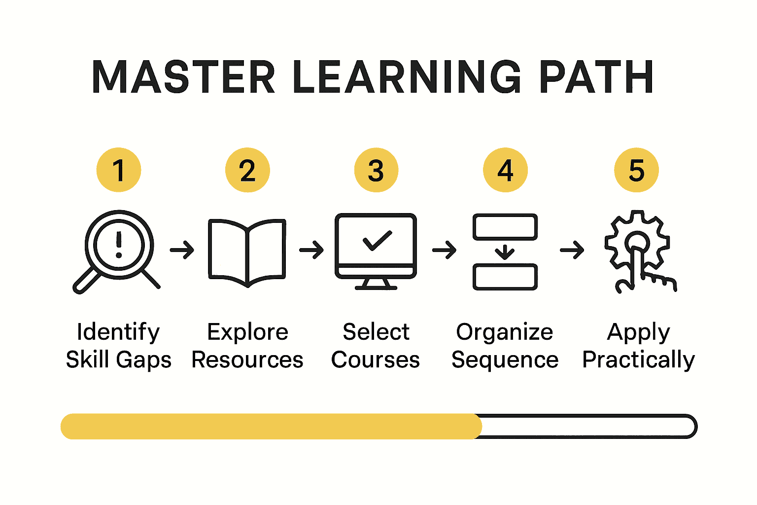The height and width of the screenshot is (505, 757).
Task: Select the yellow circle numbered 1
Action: click(119, 170)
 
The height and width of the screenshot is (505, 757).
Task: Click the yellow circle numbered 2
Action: click(247, 170)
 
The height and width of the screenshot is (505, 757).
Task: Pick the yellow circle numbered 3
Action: click(376, 170)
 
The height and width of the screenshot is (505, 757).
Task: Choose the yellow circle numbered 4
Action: click(505, 170)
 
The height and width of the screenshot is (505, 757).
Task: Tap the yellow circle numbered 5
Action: click(636, 170)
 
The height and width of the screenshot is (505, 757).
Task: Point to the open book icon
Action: click(247, 252)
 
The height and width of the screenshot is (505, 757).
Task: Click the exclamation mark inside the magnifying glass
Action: click(119, 245)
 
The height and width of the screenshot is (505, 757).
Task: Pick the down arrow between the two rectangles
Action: click(505, 252)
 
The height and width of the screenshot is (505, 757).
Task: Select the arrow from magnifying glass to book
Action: click(182, 250)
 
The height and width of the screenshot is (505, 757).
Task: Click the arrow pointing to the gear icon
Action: click(572, 250)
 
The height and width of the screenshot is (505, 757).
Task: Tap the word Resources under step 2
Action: click(247, 360)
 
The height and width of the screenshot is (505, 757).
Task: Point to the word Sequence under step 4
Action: click(505, 360)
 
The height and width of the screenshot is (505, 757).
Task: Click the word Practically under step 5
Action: click(638, 360)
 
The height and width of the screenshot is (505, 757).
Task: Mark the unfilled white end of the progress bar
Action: click(586, 427)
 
